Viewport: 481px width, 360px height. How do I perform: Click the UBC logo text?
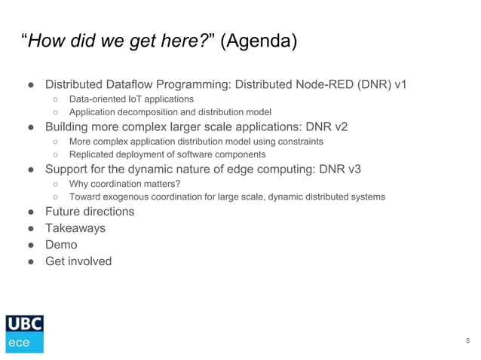[25, 324]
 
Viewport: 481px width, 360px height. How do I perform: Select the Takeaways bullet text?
[75, 228]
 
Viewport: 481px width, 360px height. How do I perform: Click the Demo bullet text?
[61, 245]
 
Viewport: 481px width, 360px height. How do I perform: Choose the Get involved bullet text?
[78, 261]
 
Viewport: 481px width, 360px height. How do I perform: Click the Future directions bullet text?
[90, 212]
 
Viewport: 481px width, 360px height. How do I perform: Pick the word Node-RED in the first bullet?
[311, 84]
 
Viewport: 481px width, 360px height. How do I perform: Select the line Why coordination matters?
[124, 183]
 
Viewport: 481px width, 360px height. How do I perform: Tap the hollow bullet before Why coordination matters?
[57, 183]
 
